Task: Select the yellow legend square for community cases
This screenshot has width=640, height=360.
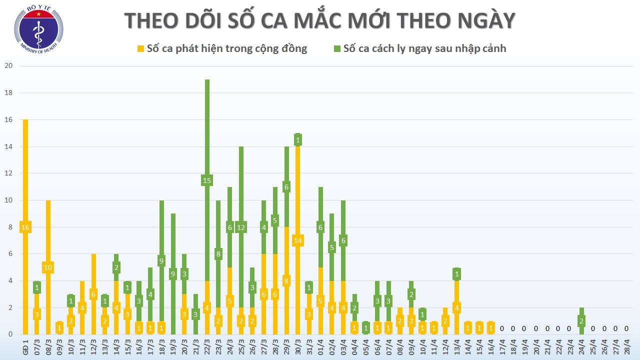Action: tap(140, 48)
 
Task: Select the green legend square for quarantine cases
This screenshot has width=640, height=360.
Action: tap(337, 48)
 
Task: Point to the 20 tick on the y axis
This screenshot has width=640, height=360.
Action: tap(8, 65)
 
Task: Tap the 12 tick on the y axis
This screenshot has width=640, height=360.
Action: tap(8, 173)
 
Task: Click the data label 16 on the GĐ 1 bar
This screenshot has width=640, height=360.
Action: tap(25, 227)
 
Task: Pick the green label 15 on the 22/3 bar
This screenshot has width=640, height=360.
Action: tap(207, 180)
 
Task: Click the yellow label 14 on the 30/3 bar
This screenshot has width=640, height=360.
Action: tap(298, 240)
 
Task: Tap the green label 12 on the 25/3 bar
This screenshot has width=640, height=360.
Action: tap(241, 227)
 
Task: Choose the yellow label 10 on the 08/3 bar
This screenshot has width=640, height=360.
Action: tap(48, 267)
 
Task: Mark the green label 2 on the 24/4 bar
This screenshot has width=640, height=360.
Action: tap(581, 321)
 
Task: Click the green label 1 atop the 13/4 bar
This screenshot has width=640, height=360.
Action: tap(456, 274)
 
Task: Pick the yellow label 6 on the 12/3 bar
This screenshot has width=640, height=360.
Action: tap(93, 294)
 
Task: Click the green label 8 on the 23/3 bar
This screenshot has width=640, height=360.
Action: tap(218, 254)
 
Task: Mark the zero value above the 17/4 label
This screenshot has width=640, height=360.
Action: tap(502, 328)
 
